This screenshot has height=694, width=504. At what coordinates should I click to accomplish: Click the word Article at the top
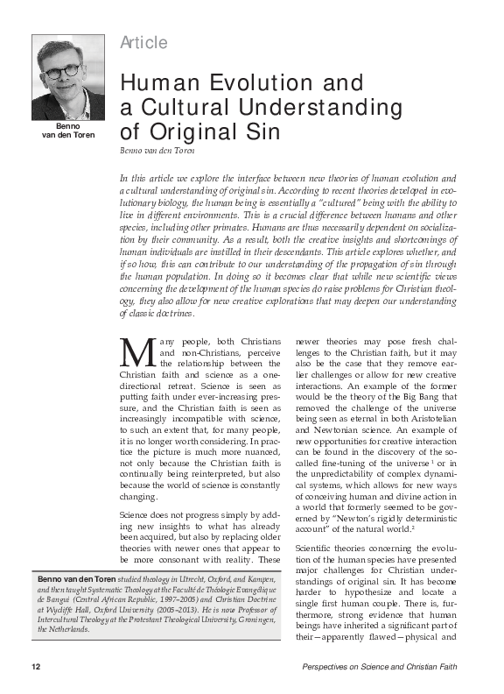tap(143, 43)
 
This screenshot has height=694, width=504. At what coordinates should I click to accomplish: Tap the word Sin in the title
tap(258, 133)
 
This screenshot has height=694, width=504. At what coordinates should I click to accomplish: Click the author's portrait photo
tap(68, 79)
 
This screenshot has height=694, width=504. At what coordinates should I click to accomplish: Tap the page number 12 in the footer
tap(36, 668)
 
